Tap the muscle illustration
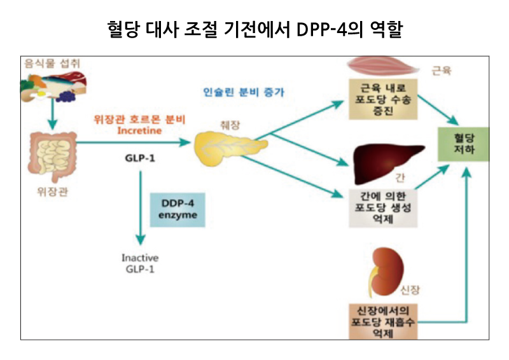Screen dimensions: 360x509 (x=380, y=67)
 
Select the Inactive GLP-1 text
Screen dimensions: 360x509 (x=140, y=263)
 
